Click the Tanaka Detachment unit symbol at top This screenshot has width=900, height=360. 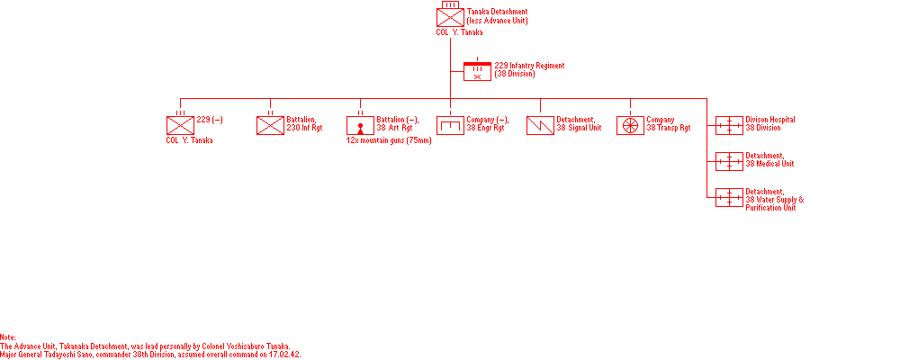click(x=450, y=17)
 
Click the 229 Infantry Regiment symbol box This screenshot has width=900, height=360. click(x=478, y=72)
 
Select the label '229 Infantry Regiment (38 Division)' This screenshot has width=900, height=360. click(x=526, y=69)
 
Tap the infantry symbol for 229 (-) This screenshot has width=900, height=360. click(x=180, y=125)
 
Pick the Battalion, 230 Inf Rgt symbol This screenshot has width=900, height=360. click(x=270, y=125)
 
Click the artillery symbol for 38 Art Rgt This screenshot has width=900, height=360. click(x=360, y=125)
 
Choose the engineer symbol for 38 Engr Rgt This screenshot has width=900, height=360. click(x=450, y=125)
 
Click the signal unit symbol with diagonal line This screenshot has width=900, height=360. click(x=540, y=125)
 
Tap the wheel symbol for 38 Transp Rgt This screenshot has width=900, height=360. click(x=630, y=125)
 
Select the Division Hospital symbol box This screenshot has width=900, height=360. click(x=729, y=125)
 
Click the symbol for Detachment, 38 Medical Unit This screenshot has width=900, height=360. click(x=729, y=161)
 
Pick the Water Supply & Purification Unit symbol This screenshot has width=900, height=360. click(x=729, y=197)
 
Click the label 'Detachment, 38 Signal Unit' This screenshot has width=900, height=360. click(x=579, y=124)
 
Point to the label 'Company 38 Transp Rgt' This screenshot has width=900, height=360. click(x=669, y=124)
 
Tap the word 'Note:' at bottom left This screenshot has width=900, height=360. click(x=8, y=337)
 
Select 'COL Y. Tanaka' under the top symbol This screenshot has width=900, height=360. click(x=459, y=32)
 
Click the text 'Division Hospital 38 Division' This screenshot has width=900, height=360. click(x=770, y=124)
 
